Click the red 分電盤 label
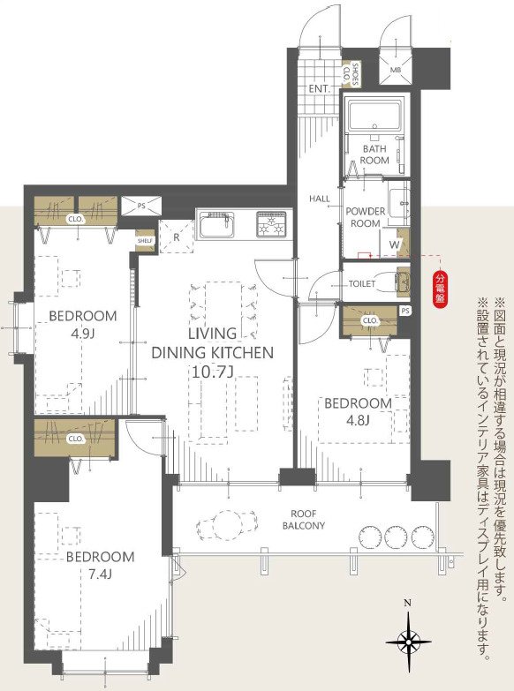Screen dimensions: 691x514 pos(439,289)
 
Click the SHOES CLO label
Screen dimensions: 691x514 pos(354,75)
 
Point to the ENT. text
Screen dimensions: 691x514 pos(319,88)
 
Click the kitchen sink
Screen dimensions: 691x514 pos(216,229)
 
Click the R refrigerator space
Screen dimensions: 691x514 pos(177,236)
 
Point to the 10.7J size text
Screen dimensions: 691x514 pos(212,372)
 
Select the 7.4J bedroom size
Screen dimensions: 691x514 pos(87,576)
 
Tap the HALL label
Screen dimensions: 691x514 pos(319,199)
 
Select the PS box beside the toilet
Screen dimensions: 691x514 pos(404,311)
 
